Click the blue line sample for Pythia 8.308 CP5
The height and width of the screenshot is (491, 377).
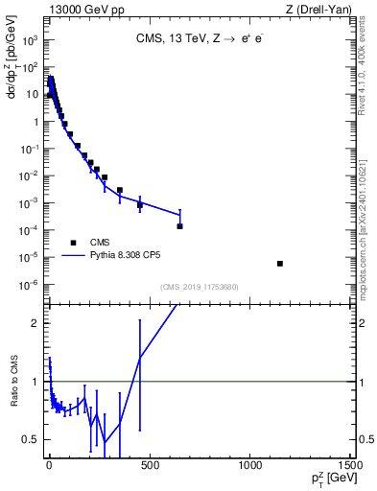74,256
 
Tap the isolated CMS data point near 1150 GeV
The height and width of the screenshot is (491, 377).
280,263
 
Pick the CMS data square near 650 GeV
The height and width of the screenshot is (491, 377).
179,226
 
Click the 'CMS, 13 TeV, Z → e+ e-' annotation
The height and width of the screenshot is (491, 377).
200,40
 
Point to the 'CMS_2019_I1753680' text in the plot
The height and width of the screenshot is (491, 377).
200,287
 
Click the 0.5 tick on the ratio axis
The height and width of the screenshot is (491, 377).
33,440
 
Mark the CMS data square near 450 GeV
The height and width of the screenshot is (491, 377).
140,204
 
